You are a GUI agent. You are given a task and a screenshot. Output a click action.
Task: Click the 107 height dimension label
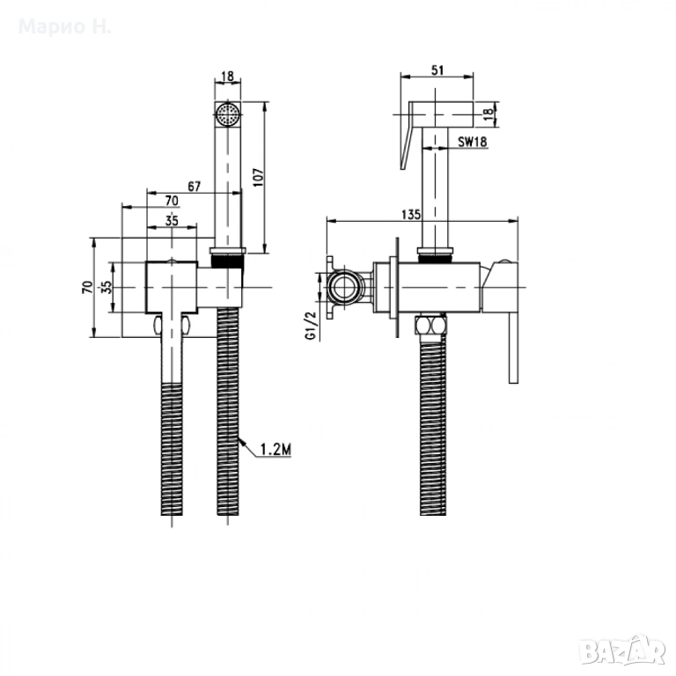tap(258, 177)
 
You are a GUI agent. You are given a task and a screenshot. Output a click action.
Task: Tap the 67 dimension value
tap(194, 187)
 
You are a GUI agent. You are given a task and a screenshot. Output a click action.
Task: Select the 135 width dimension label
tap(410, 214)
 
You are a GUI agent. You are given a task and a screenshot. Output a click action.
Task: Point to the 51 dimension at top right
tap(437, 70)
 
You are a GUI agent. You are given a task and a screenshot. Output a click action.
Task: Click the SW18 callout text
tap(473, 141)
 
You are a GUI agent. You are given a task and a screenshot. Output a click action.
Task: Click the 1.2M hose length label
tap(276, 450)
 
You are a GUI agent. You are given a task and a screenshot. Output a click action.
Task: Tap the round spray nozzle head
tap(228, 114)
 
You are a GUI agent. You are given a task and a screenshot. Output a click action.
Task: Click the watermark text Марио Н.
tap(65, 26)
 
